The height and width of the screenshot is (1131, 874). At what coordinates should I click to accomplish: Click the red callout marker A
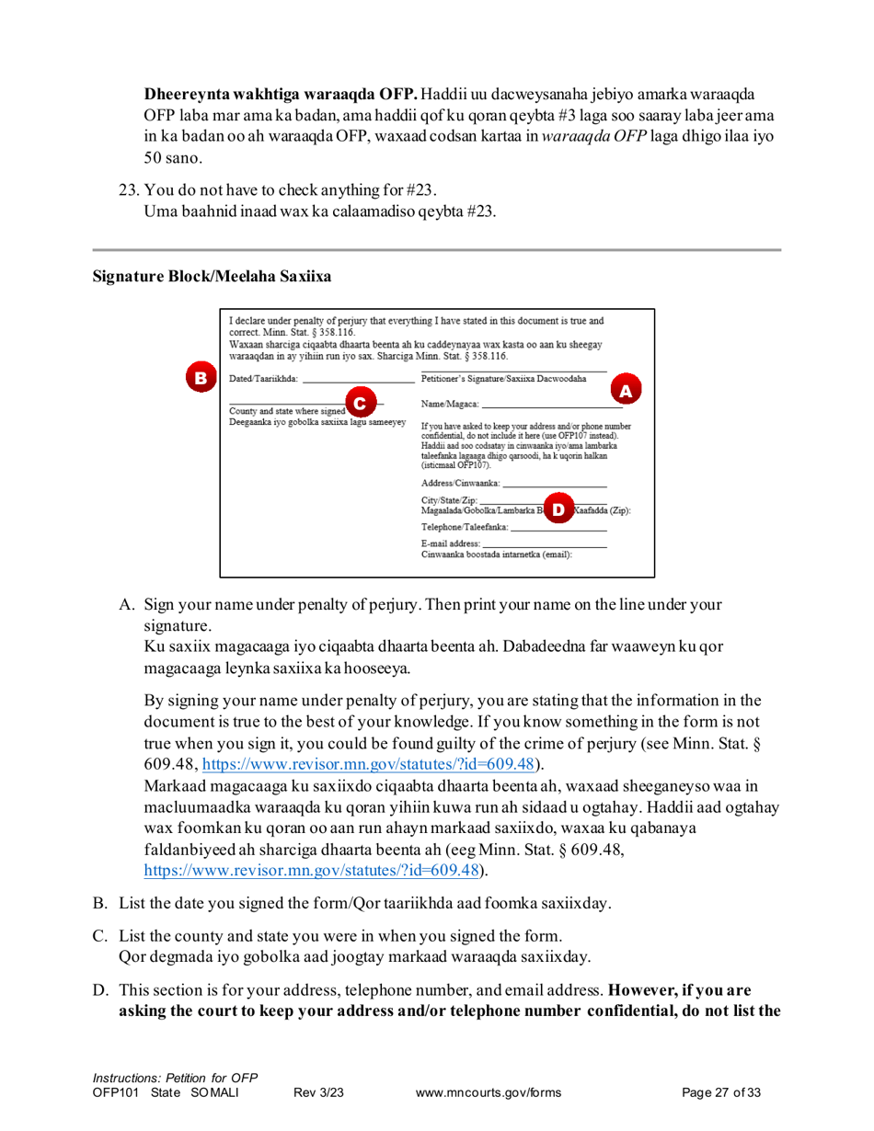coord(626,391)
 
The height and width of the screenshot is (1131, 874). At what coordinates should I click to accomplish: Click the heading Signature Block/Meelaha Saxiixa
coord(211,276)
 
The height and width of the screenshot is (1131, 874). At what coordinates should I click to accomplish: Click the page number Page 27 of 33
coord(722,1093)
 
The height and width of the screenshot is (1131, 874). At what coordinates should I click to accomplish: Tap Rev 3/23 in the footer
coord(317,1093)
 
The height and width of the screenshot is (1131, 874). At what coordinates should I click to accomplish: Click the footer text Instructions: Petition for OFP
coord(175,1078)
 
